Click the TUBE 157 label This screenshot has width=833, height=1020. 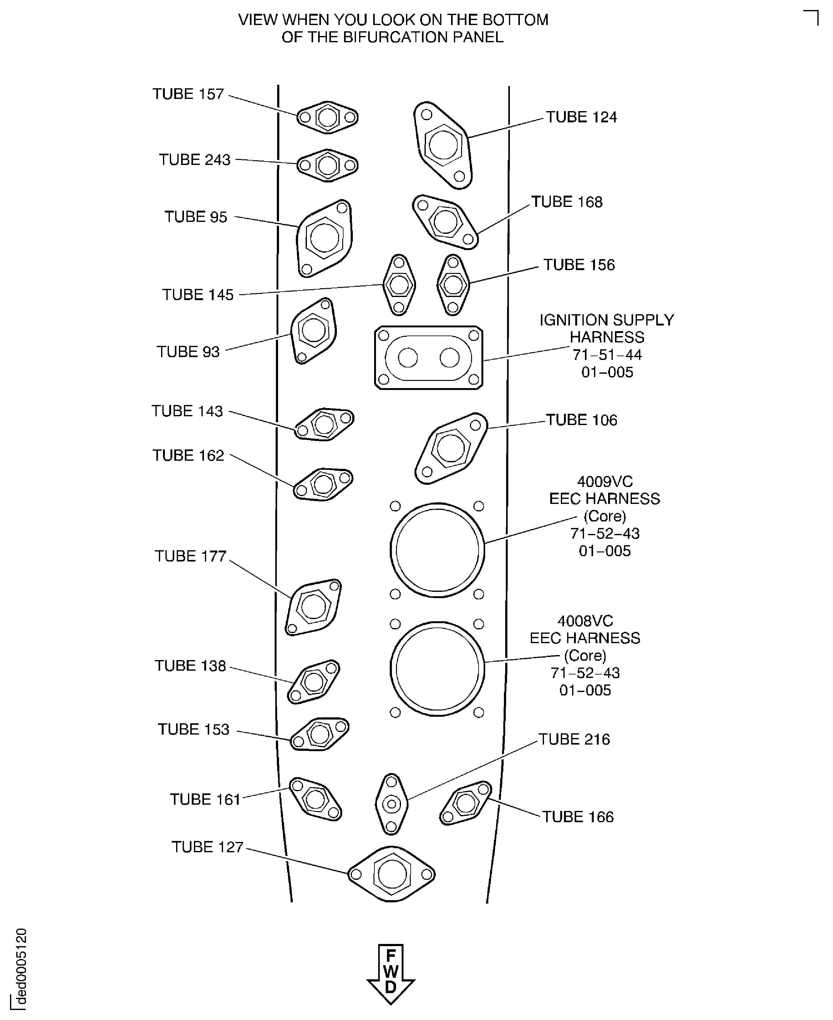coord(188,94)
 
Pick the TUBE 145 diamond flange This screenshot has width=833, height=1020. coord(399,285)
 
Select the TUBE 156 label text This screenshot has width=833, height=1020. coord(579,265)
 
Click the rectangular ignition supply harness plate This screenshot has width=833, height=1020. coord(429,358)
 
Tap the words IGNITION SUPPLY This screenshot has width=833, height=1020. coord(607,320)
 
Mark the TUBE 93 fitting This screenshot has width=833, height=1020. coord(313,330)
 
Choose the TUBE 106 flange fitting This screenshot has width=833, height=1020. coord(450,448)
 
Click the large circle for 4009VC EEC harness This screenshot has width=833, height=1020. coord(437,550)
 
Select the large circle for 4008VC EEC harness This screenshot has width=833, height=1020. coord(437,669)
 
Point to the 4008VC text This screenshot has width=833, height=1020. coord(585,621)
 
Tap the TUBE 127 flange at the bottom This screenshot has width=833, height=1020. coord(392,874)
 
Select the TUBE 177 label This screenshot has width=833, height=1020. coord(190,556)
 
